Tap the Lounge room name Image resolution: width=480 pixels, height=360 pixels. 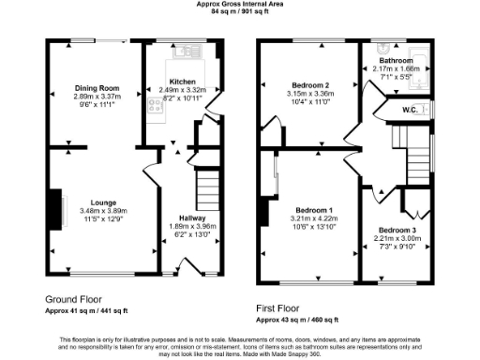(x=103, y=202)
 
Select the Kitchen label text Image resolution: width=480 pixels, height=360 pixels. (x=181, y=81)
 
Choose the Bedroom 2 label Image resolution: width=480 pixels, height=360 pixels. (x=310, y=85)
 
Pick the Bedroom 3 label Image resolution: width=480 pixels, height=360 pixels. (x=397, y=230)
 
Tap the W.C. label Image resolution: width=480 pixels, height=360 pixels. (x=409, y=110)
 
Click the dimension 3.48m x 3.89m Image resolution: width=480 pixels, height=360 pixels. (x=103, y=211)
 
